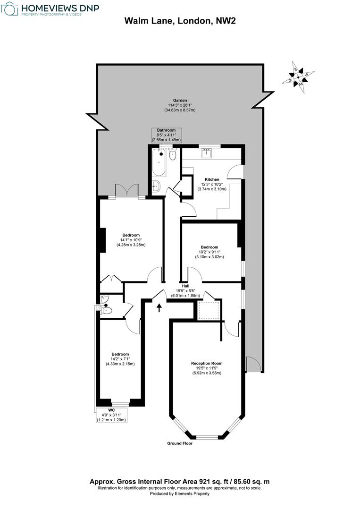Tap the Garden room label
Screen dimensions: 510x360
[x=180, y=101]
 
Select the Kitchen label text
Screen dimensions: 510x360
[x=212, y=179]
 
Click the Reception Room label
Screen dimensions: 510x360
[x=207, y=363]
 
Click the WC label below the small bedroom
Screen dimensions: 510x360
[x=111, y=410]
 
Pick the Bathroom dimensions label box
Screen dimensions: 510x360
[x=166, y=135]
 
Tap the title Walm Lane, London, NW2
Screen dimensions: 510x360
[x=180, y=21]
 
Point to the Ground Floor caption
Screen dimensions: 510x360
[x=180, y=443]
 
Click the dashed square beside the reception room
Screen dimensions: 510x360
[x=207, y=310]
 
